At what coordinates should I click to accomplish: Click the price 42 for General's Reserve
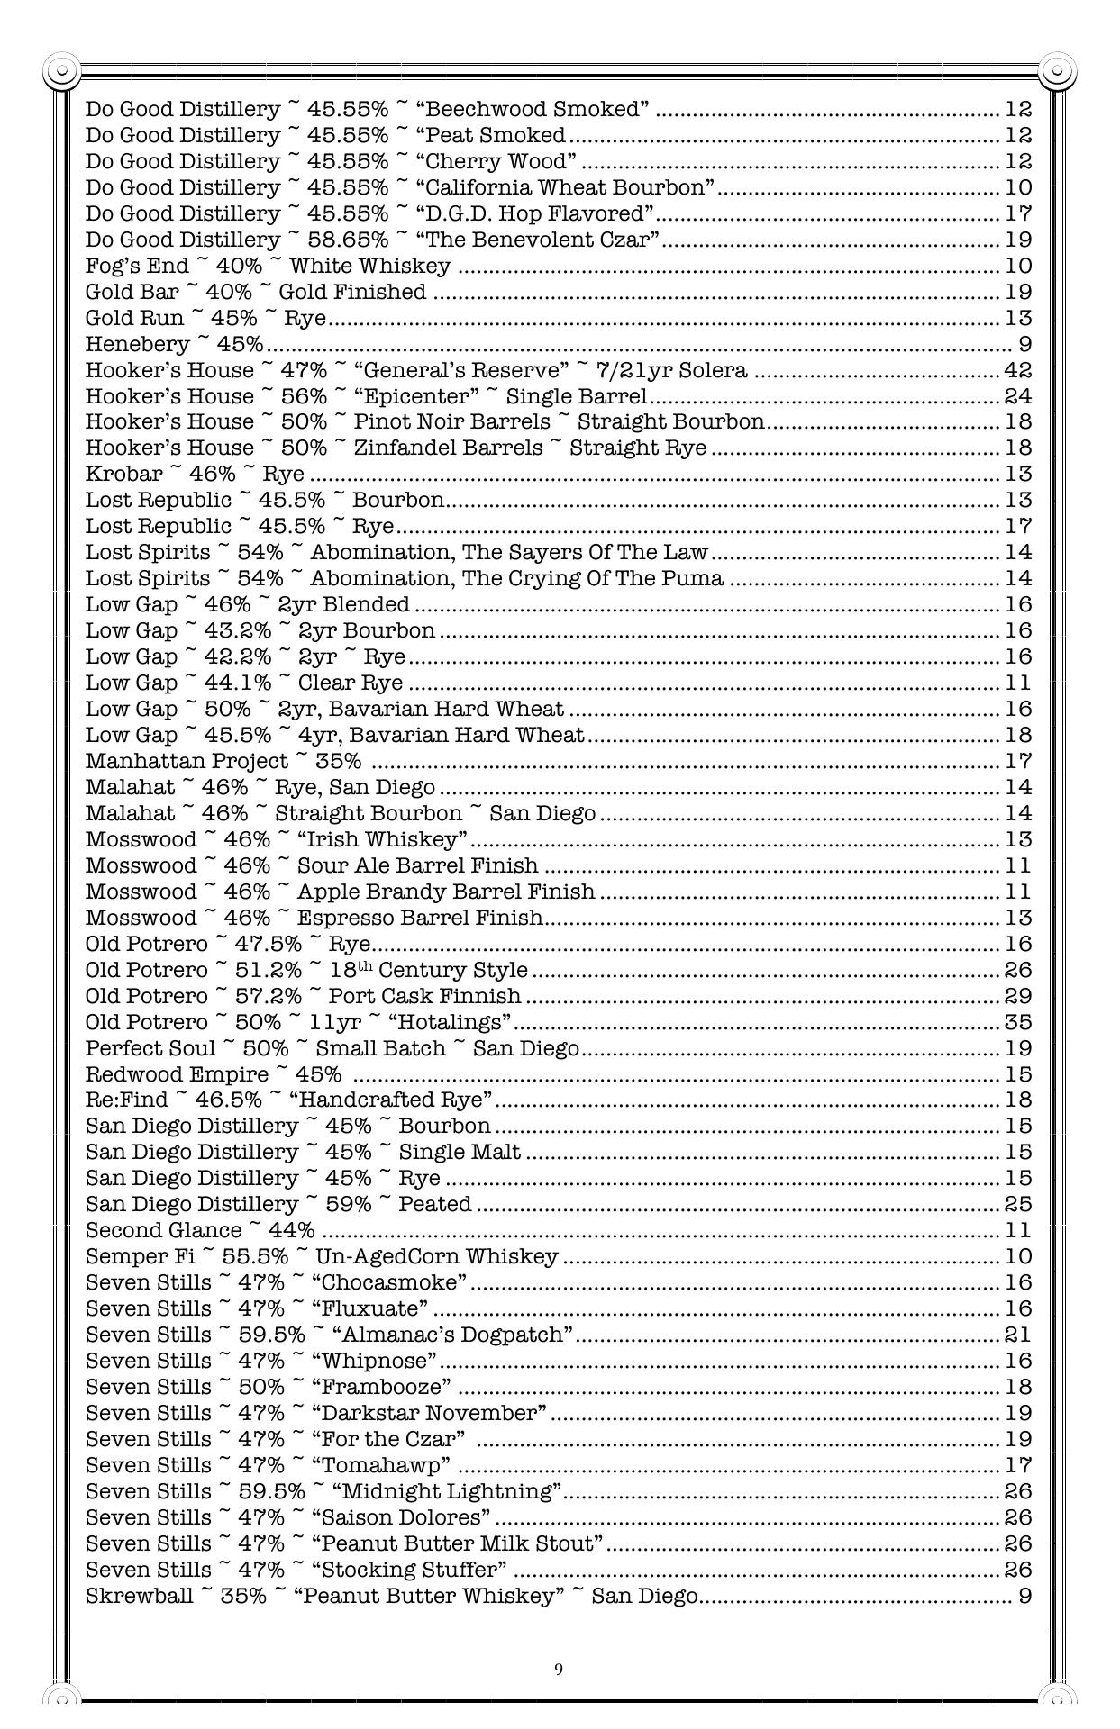[1017, 370]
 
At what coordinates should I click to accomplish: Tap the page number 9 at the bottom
[559, 1670]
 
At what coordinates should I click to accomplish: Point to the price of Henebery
[1024, 344]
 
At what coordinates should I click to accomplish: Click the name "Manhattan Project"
[187, 762]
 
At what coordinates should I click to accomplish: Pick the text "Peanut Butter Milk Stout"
[461, 1543]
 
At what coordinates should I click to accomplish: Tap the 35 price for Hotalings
[1017, 1023]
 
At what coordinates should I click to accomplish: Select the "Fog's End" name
[137, 266]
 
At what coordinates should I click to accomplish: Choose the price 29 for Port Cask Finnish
[1017, 997]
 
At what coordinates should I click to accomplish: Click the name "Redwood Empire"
[177, 1075]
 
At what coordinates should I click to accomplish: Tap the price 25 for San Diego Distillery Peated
[1017, 1205]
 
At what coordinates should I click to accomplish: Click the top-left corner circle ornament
[61, 70]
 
